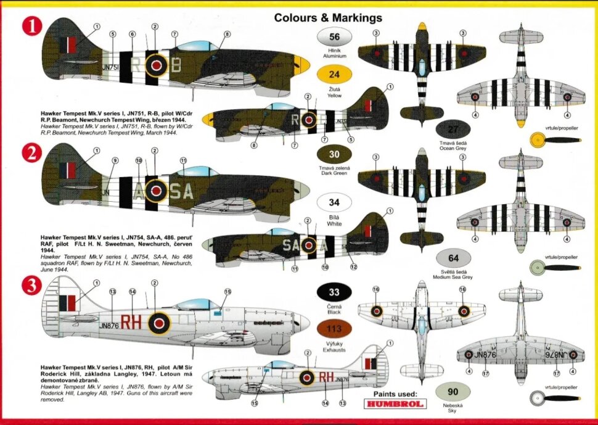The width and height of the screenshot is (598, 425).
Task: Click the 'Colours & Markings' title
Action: pos(328,18)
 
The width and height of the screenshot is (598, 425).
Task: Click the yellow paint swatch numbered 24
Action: pos(334,76)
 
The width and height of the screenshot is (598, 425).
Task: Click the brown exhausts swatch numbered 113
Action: pos(334,329)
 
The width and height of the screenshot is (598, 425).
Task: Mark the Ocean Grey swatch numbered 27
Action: pos(453,130)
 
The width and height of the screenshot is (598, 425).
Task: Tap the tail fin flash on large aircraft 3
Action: pos(68,303)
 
